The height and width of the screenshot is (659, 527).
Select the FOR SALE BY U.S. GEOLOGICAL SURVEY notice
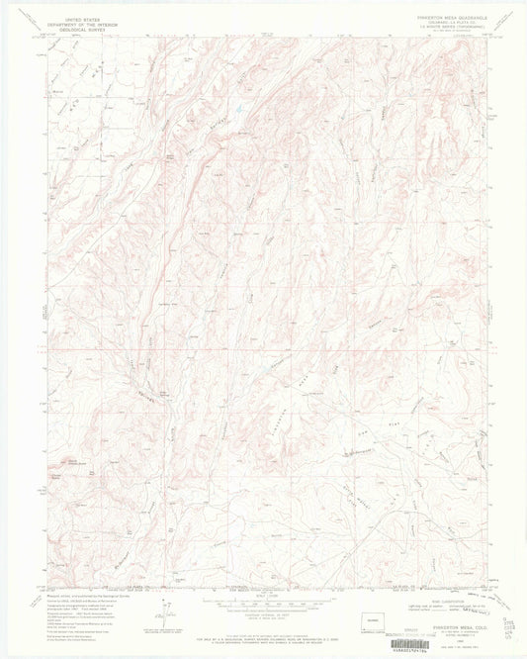tap(263, 630)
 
